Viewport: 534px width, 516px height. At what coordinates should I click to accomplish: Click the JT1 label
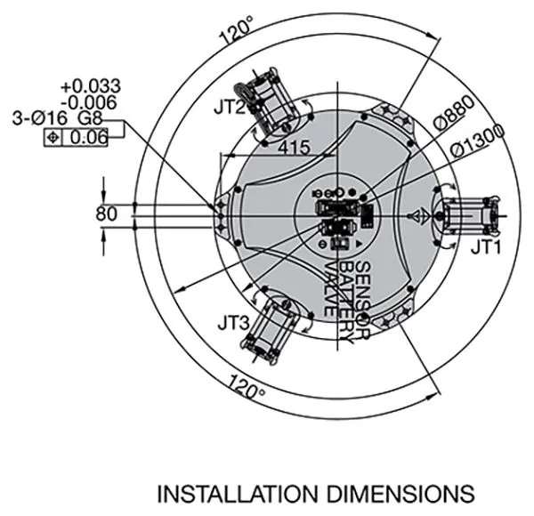point(486,247)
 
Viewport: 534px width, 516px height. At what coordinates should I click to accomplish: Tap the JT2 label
point(230,108)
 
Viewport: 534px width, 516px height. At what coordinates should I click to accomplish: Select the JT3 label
point(233,323)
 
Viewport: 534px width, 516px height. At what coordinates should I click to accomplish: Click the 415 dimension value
point(295,148)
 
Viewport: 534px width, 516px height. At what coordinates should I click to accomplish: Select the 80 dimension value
point(106,214)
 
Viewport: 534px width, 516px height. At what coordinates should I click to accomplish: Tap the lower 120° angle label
point(247,386)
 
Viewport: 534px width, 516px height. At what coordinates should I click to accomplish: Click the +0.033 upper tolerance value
point(91,86)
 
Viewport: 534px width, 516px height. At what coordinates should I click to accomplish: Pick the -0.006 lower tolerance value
point(90,102)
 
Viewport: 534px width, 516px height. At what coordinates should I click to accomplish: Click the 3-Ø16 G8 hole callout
point(57,118)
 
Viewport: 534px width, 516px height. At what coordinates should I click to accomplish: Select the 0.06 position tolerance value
point(88,138)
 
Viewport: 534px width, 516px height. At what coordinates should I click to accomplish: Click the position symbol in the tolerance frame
point(53,138)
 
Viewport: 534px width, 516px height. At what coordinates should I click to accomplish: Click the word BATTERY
point(347,303)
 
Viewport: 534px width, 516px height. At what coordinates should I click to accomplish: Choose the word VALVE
point(331,289)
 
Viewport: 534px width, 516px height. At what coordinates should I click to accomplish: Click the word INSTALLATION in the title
point(238,494)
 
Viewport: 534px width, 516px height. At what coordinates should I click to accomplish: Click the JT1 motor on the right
point(469,216)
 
